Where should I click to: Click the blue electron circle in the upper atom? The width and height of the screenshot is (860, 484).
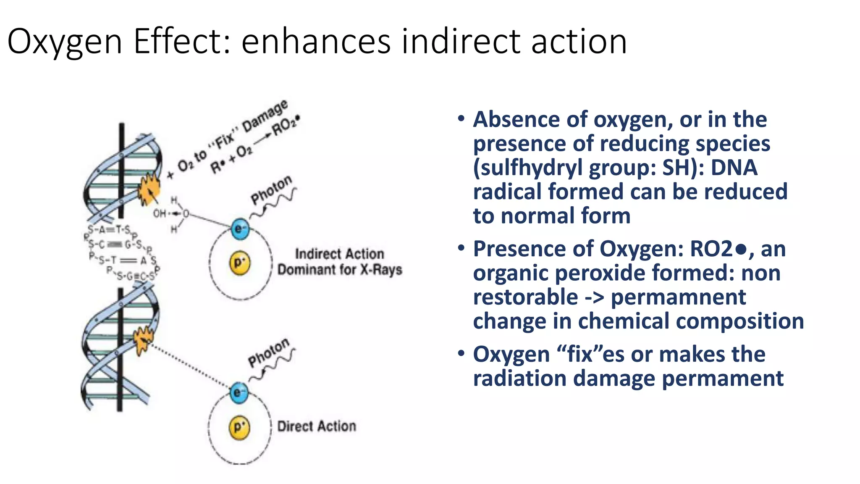tap(240, 229)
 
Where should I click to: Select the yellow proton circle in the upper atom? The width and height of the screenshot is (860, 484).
tap(239, 263)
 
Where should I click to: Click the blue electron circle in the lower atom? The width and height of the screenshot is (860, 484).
tap(239, 392)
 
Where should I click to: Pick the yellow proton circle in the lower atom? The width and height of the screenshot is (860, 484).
tap(239, 427)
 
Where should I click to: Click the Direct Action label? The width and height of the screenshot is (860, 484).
tap(317, 426)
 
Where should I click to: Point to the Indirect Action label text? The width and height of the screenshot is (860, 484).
tap(339, 254)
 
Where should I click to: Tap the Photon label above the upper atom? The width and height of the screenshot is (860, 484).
tap(271, 190)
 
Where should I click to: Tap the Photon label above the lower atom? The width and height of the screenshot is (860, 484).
tap(269, 353)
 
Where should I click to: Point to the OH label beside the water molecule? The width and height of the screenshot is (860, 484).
tap(160, 214)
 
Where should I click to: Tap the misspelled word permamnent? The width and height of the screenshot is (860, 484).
tap(678, 297)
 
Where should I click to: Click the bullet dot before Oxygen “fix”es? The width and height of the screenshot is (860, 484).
tap(461, 353)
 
